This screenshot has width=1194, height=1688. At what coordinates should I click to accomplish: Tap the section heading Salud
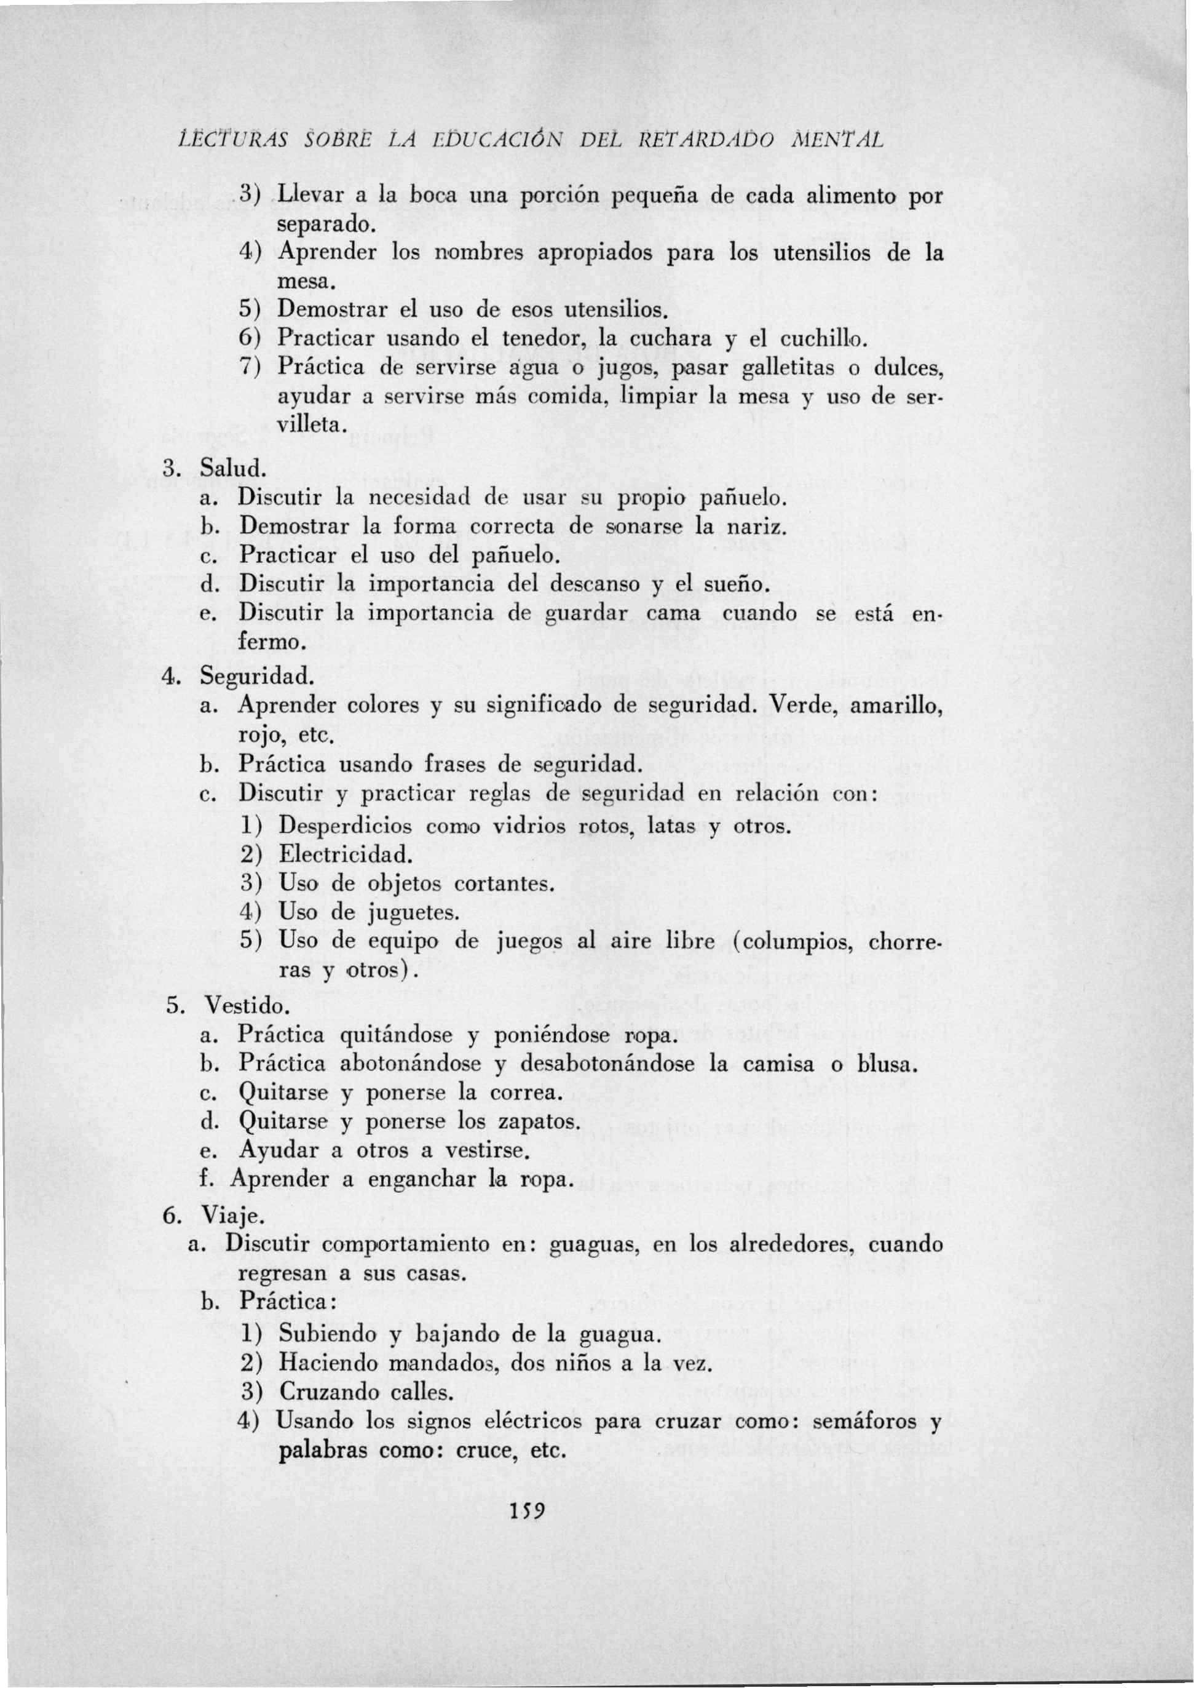pos(233,469)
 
